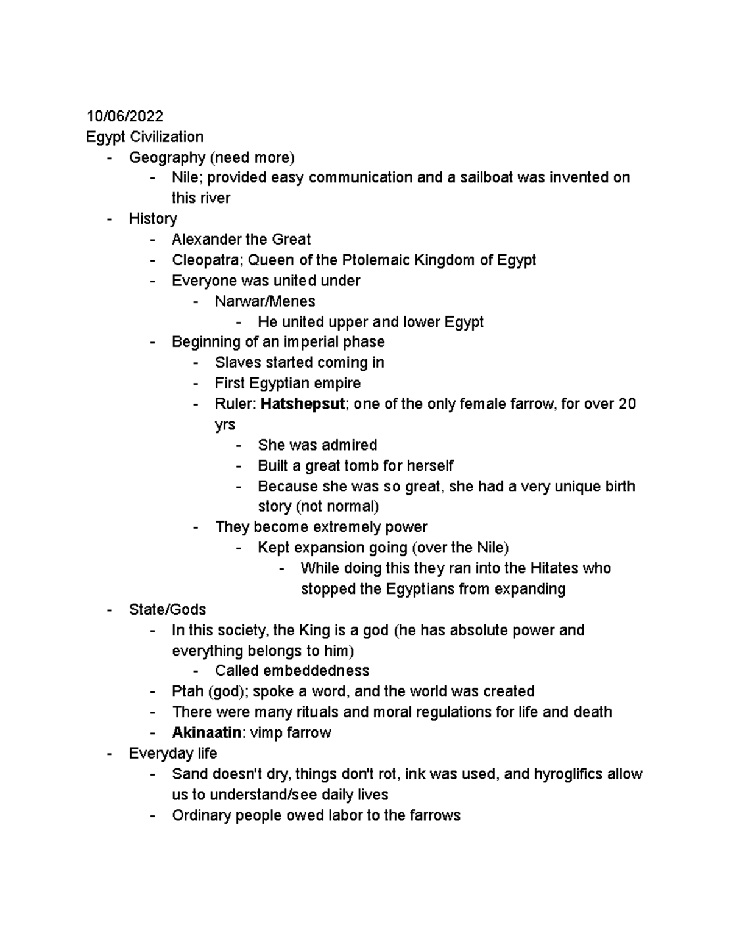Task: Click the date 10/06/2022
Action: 124,116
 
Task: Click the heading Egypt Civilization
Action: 144,137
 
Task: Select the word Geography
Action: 166,157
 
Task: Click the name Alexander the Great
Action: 241,239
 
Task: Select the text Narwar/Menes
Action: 264,301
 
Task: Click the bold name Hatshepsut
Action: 302,404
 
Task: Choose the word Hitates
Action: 554,568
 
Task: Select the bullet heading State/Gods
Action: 167,609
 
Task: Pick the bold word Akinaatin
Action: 207,732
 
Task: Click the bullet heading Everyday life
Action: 172,753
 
